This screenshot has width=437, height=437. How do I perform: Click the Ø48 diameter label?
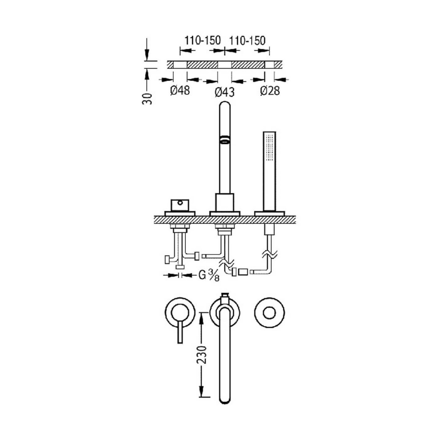point(180,91)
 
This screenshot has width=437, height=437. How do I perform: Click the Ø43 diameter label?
point(224,92)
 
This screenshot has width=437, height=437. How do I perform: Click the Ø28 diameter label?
point(270,91)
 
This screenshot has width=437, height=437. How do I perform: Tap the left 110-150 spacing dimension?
point(202,41)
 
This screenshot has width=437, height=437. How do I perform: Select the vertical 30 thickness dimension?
point(147,98)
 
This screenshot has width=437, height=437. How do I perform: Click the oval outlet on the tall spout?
point(224,139)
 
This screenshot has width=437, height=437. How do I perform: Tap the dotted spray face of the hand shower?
point(269,148)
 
